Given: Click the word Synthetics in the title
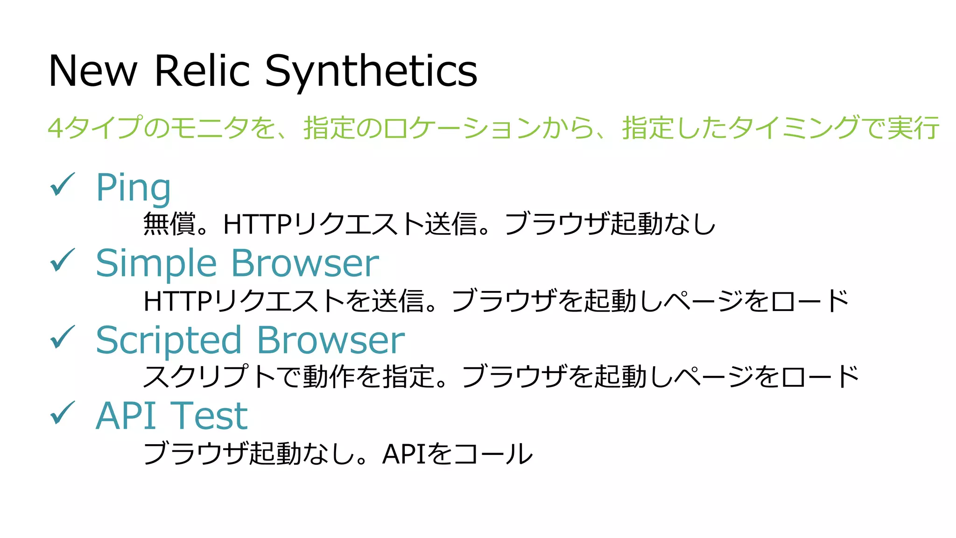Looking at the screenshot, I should (x=371, y=71).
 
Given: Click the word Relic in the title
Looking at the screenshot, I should (x=202, y=71).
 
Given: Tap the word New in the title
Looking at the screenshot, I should (x=93, y=71).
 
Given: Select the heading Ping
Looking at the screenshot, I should (x=133, y=188).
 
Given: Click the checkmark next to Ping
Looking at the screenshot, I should (x=62, y=184).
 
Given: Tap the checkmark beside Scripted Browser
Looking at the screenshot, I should (x=62, y=337).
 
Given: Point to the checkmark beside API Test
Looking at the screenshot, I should (x=62, y=413).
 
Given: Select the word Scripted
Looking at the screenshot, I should (x=169, y=340).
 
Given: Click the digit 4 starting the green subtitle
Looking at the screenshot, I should (x=55, y=128).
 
